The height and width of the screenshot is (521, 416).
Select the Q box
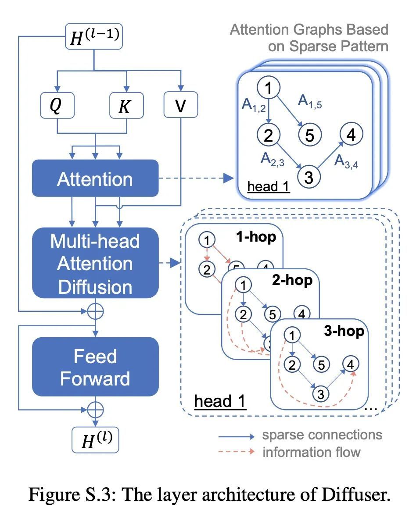(x=57, y=105)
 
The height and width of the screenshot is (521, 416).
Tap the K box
(x=126, y=105)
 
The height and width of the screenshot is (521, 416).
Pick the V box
(x=180, y=105)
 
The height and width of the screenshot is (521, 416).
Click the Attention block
(x=95, y=179)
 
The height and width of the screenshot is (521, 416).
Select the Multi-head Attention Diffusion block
(x=95, y=263)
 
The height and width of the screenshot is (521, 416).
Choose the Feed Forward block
(x=95, y=367)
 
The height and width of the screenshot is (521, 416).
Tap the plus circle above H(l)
(x=95, y=410)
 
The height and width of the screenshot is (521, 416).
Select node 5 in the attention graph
(x=309, y=135)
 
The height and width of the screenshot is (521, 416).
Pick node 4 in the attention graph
(x=351, y=135)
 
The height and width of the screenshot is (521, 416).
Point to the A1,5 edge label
(x=310, y=102)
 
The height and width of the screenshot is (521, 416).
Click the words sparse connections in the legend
(x=323, y=435)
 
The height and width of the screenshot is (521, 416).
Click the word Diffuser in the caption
(x=355, y=495)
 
